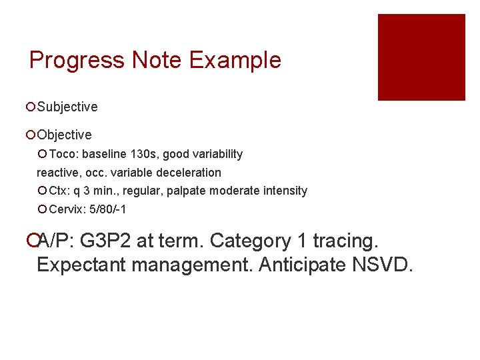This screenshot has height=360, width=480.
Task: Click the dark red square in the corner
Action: (421, 57)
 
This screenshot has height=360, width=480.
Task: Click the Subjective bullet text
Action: (67, 107)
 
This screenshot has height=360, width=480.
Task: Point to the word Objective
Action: (65, 135)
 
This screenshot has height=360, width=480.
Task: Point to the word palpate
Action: (186, 191)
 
